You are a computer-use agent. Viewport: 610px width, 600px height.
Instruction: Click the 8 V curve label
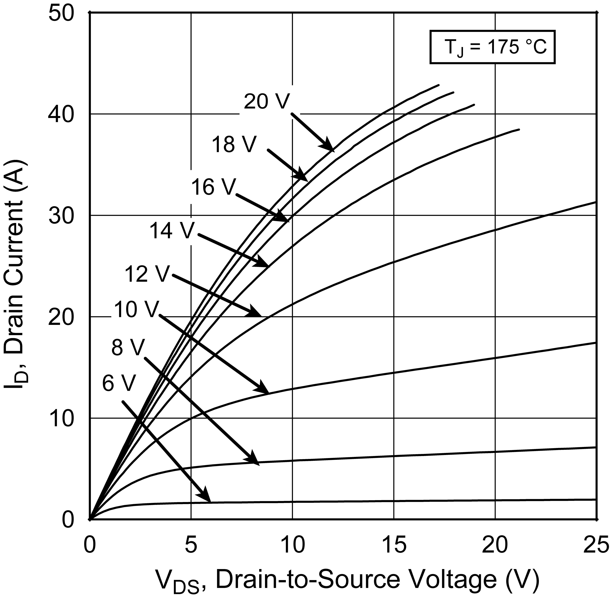[x=128, y=348]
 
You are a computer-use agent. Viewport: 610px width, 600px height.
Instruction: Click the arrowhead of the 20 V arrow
[x=331, y=148]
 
